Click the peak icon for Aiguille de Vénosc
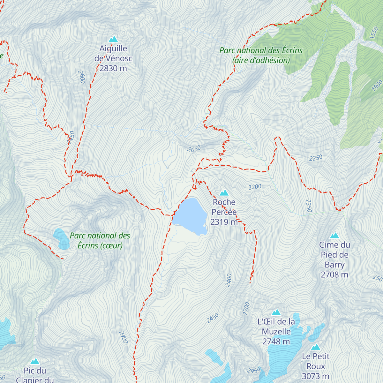113,39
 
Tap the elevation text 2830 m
113,68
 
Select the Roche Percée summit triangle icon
224,193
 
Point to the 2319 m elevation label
224,222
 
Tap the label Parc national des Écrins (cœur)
100,241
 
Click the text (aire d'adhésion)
261,60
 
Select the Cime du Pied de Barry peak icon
334,236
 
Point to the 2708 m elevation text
334,274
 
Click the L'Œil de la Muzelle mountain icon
276,312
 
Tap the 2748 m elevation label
276,342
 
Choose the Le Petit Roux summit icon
316,347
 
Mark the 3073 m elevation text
316,376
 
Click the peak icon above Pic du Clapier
35,361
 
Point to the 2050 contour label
194,149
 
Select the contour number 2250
316,158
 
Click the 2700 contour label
246,309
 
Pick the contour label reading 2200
255,187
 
